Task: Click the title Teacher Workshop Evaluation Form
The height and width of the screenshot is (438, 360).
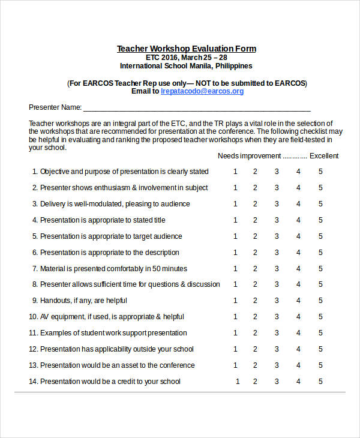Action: [x=186, y=49]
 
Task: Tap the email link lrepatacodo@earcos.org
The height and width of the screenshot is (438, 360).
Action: [x=202, y=91]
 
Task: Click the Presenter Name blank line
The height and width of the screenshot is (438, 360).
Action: [x=197, y=108]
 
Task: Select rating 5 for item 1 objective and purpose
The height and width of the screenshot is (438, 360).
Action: [x=320, y=172]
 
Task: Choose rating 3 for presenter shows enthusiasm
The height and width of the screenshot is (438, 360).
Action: [x=277, y=188]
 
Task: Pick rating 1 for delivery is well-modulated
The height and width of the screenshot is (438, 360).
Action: [x=235, y=204]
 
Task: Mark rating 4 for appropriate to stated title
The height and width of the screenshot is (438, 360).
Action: [x=298, y=220]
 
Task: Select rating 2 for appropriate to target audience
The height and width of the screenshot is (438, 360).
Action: [x=255, y=236]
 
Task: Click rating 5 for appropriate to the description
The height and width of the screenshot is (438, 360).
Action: [x=320, y=253]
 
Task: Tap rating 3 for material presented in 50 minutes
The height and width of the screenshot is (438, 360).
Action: [x=277, y=269]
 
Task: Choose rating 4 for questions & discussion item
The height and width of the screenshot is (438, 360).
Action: [x=298, y=284]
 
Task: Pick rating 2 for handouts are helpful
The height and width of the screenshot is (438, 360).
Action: [x=255, y=301]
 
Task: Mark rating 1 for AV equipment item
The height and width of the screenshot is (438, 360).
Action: [x=235, y=317]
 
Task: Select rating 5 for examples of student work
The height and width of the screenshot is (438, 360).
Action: [x=320, y=333]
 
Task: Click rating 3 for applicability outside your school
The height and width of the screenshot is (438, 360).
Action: [x=277, y=349]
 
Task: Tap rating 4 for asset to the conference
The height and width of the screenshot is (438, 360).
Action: [x=298, y=365]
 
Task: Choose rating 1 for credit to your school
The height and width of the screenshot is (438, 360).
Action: [x=238, y=382]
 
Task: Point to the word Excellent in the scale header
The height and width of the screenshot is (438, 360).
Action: [x=324, y=156]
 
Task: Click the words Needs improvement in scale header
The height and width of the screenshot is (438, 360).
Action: [x=249, y=156]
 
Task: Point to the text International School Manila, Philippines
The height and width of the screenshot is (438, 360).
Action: [x=186, y=66]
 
